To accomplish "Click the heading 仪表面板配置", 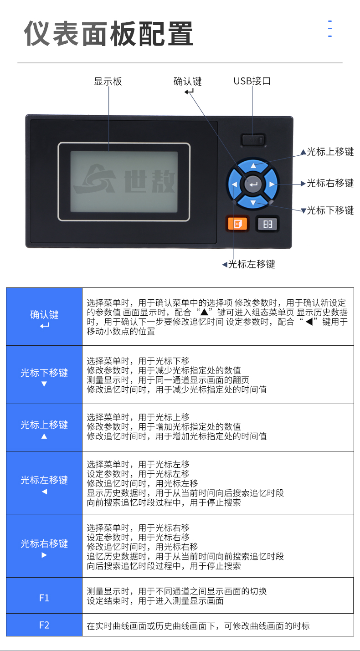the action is (108, 34).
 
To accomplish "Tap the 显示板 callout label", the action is (108, 82).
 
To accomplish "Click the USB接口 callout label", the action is (252, 81).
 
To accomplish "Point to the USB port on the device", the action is (253, 140).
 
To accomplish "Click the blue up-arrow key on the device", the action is (253, 166).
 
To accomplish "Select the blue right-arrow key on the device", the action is (272, 184).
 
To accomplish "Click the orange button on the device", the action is (237, 224).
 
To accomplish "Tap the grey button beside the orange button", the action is (267, 224).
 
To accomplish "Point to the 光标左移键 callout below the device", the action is (249, 264).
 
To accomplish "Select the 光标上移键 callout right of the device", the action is (327, 152).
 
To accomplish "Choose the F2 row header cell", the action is (44, 625).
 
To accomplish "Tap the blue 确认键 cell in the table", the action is (44, 317).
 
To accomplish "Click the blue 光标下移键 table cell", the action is (44, 375).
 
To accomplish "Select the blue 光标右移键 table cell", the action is (44, 546).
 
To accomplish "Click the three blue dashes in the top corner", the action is (330, 29).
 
